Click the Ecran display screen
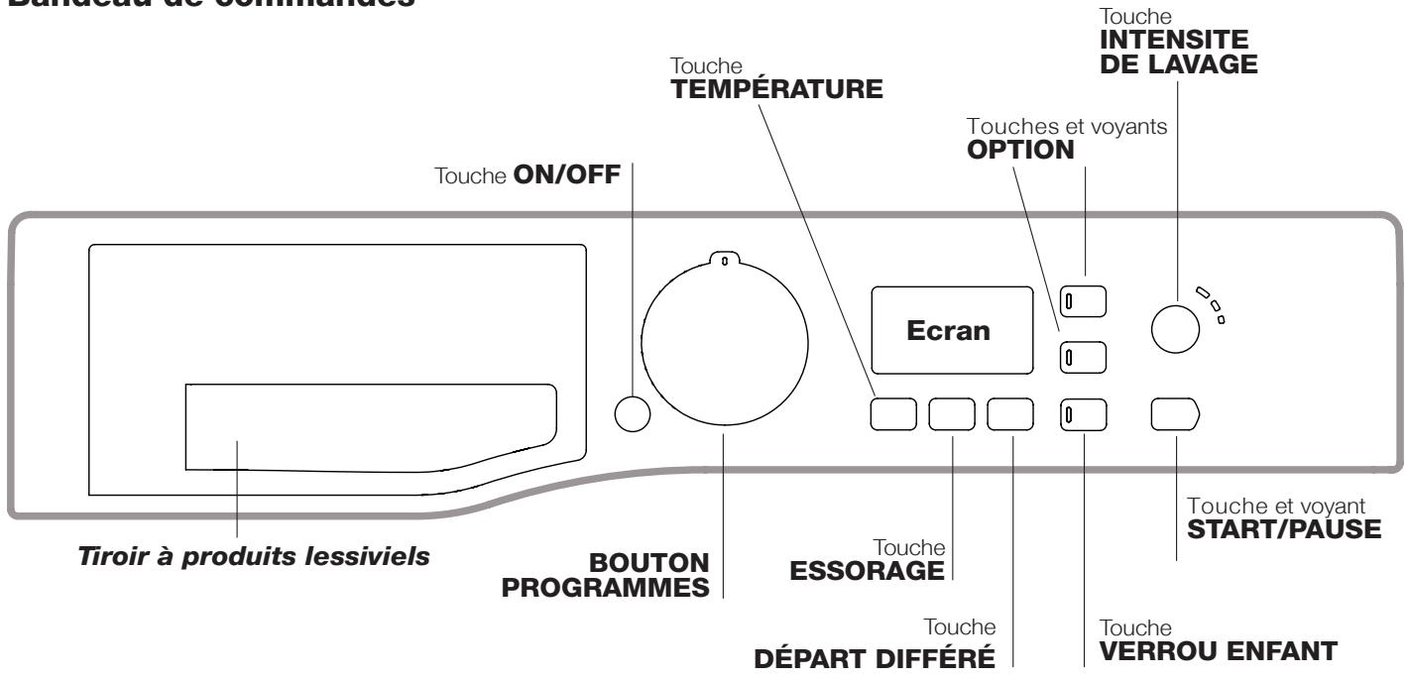point(950,332)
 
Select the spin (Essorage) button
point(951,414)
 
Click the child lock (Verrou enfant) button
point(1082,414)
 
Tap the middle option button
point(1082,355)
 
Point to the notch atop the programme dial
point(723,261)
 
